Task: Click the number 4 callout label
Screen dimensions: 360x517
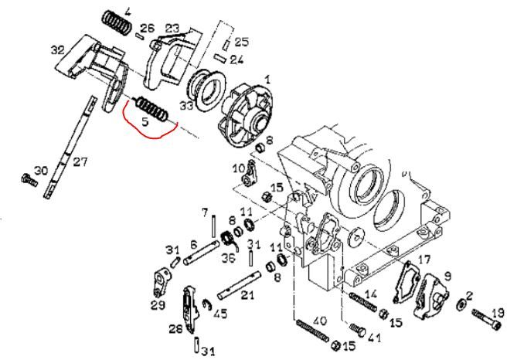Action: tap(128, 12)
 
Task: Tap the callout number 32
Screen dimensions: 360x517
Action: tap(58, 49)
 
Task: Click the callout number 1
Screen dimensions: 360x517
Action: tap(267, 79)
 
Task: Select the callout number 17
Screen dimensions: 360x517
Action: tap(424, 260)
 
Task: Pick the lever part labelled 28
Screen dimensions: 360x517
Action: tap(190, 308)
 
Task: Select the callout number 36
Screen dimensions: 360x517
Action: tap(228, 257)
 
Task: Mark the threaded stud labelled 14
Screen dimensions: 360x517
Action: tap(362, 302)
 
